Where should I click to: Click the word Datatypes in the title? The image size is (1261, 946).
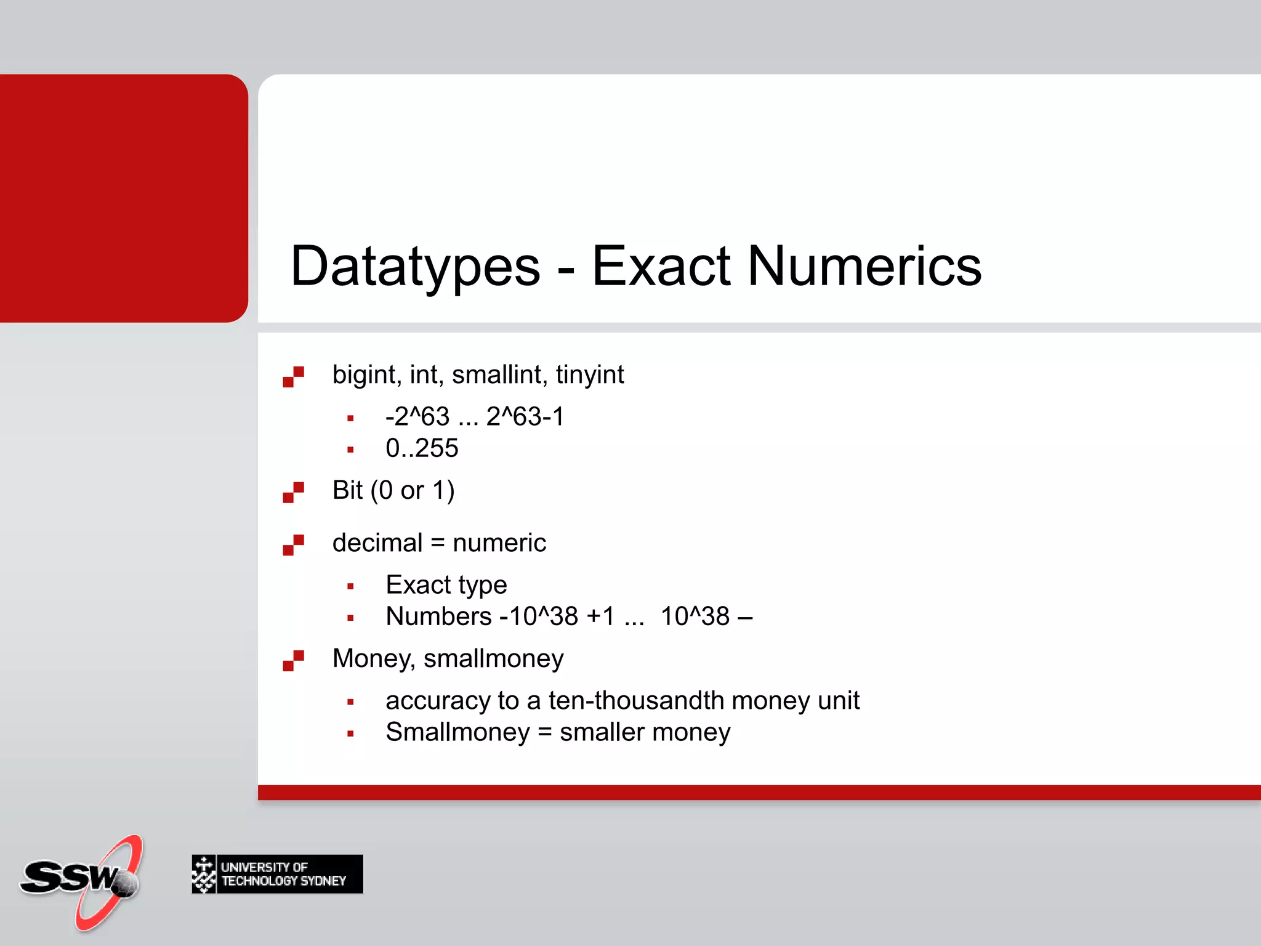pyautogui.click(x=415, y=266)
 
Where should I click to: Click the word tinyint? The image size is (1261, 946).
pyautogui.click(x=589, y=375)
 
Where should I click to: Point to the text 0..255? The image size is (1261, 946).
pyautogui.click(x=422, y=448)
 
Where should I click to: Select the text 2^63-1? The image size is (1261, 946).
pyautogui.click(x=525, y=417)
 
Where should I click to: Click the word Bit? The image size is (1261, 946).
pyautogui.click(x=347, y=491)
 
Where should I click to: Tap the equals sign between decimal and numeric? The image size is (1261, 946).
pyautogui.click(x=437, y=543)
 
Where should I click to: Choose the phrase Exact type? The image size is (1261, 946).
pyautogui.click(x=446, y=585)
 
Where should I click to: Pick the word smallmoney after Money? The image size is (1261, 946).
pyautogui.click(x=493, y=659)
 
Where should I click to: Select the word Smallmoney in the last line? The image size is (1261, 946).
pyautogui.click(x=457, y=732)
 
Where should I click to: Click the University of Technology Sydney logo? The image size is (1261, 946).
pyautogui.click(x=277, y=874)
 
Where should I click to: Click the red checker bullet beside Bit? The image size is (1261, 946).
pyautogui.click(x=293, y=492)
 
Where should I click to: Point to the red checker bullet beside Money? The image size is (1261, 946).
pyautogui.click(x=293, y=660)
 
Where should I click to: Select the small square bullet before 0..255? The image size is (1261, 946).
pyautogui.click(x=350, y=450)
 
